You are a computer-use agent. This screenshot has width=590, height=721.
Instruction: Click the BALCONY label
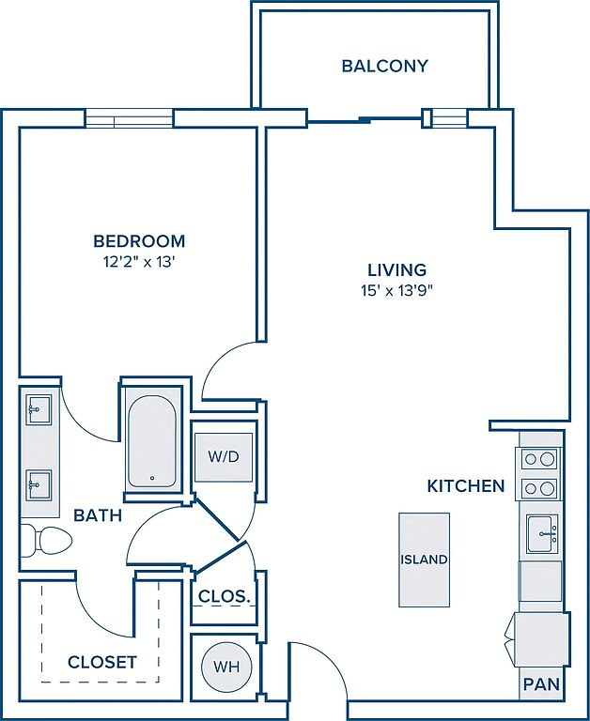[x=385, y=67]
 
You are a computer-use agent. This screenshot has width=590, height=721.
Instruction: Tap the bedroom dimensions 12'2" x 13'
[x=139, y=262]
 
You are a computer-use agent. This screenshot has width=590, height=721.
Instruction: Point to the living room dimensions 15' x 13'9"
[x=397, y=291]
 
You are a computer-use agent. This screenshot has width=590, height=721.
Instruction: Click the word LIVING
[x=396, y=269]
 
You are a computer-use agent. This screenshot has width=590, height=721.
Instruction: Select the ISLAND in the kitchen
[x=424, y=560]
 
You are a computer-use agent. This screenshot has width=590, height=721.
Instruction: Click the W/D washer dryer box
[x=224, y=457]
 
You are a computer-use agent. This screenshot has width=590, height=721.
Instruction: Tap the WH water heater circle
[x=227, y=667]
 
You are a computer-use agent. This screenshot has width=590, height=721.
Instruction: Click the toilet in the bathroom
[x=46, y=541]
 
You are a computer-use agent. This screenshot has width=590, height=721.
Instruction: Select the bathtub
[x=152, y=441]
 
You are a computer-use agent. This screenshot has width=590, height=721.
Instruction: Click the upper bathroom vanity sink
[x=39, y=409]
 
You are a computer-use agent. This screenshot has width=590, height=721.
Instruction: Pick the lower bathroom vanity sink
[x=39, y=484]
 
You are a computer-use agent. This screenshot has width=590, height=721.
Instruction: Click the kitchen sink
[x=542, y=533]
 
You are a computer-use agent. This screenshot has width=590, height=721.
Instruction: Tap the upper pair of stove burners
[x=540, y=459]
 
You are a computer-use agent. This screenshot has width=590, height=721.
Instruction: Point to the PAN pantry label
[x=541, y=684]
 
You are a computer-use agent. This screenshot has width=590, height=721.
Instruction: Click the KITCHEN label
[x=466, y=486]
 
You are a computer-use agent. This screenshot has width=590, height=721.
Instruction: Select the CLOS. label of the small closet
[x=225, y=596]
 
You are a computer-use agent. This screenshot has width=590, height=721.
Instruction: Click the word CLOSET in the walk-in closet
[x=102, y=662]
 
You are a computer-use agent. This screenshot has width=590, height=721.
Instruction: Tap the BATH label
[x=98, y=515]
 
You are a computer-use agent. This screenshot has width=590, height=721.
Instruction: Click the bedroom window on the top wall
[x=129, y=118]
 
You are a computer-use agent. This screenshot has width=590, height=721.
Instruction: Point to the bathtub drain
[x=152, y=478]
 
